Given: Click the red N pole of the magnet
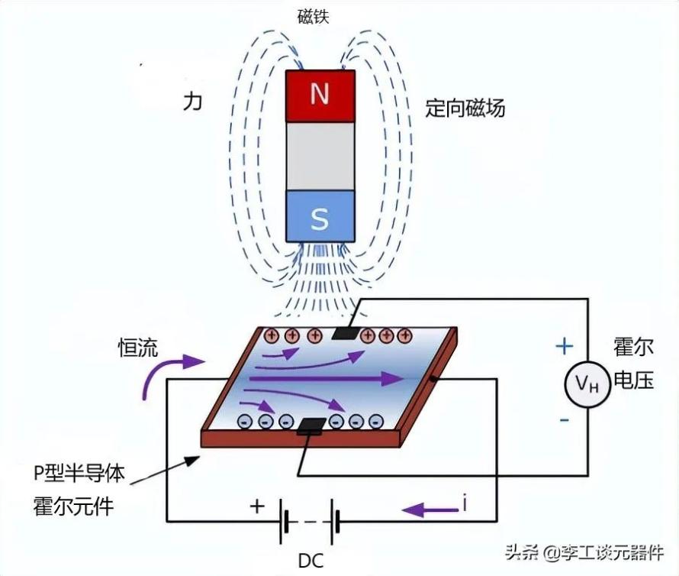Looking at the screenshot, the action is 320,95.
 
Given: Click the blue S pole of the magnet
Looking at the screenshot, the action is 320,216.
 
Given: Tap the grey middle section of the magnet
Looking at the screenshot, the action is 320,156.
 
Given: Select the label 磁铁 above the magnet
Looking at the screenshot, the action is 314,17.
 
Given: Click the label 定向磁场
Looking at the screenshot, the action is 465,107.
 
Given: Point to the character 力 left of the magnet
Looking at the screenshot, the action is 193,102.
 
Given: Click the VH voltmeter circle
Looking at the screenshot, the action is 587,383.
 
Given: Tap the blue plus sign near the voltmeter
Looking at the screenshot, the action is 565,346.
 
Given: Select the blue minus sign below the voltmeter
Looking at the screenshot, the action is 565,420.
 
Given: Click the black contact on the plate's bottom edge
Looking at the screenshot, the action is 311,426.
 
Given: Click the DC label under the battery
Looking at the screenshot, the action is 311,561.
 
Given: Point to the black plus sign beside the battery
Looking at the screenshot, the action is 257,506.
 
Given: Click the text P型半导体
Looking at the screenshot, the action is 79,473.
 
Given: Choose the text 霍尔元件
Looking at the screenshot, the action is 73,506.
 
